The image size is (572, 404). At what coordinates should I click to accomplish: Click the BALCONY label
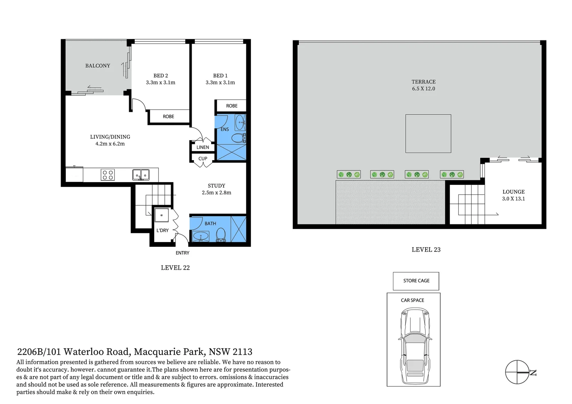pyautogui.click(x=98, y=66)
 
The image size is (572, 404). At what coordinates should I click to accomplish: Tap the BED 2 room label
pyautogui.click(x=161, y=76)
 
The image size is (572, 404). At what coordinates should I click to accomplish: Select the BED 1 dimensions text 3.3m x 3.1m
pyautogui.click(x=220, y=83)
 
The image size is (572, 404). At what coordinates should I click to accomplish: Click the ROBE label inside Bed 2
pyautogui.click(x=168, y=117)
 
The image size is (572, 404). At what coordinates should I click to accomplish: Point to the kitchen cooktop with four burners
pyautogui.click(x=108, y=175)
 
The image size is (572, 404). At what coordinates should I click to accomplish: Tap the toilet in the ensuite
pyautogui.click(x=238, y=138)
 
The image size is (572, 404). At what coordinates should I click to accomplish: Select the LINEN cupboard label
pyautogui.click(x=203, y=147)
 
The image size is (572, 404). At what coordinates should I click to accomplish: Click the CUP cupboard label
pyautogui.click(x=203, y=159)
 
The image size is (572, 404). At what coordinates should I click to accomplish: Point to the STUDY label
pyautogui.click(x=216, y=186)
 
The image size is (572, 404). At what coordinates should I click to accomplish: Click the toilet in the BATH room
pyautogui.click(x=221, y=235)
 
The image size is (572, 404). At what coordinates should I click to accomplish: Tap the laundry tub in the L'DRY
pyautogui.click(x=162, y=215)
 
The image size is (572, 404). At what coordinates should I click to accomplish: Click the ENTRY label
pyautogui.click(x=182, y=253)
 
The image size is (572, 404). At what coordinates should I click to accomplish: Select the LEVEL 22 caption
pyautogui.click(x=175, y=268)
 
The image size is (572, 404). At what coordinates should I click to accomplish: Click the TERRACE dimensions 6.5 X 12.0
pyautogui.click(x=423, y=89)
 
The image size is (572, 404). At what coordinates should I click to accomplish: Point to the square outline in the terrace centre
pyautogui.click(x=428, y=134)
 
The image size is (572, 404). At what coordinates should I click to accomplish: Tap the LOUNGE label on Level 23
pyautogui.click(x=513, y=192)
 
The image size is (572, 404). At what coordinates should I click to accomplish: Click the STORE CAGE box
pyautogui.click(x=416, y=281)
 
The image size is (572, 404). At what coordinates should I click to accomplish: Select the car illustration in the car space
pyautogui.click(x=415, y=346)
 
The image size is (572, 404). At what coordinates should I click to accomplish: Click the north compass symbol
pyautogui.click(x=517, y=372)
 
